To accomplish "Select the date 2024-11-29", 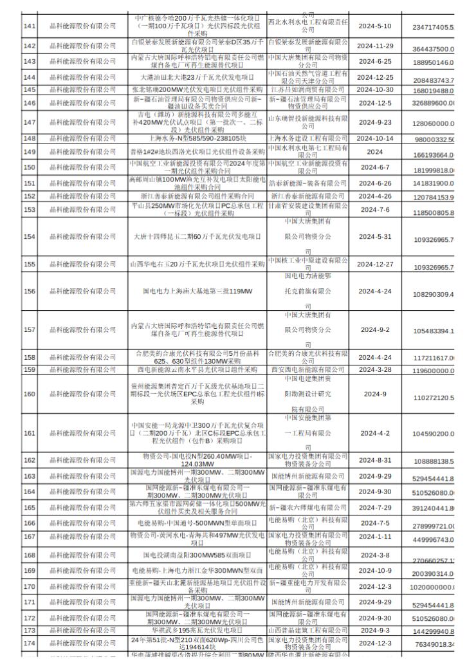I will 374,46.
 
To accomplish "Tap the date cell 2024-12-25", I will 374,78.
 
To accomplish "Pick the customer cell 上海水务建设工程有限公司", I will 307,138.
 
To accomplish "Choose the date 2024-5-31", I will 374,237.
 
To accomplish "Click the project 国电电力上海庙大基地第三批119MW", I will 198,291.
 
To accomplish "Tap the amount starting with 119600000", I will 434,371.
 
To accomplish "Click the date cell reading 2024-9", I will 374,394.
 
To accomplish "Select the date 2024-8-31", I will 374,460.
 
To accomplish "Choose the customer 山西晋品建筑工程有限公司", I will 307,631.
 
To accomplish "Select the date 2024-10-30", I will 374,89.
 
